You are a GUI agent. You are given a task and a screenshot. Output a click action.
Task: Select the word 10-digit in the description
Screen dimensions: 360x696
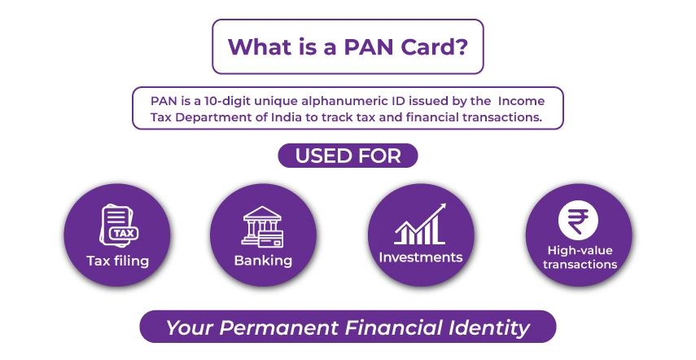pyautogui.click(x=225, y=100)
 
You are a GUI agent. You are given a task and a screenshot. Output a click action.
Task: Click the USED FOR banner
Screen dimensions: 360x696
pyautogui.click(x=348, y=156)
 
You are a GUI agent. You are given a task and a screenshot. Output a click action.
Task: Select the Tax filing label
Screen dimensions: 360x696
pyautogui.click(x=118, y=261)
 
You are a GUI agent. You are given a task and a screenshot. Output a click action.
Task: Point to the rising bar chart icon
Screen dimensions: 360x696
pyautogui.click(x=420, y=223)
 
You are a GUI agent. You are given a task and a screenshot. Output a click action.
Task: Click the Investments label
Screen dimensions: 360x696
pyautogui.click(x=420, y=257)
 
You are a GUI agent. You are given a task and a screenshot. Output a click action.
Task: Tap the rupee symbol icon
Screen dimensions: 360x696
pyautogui.click(x=578, y=220)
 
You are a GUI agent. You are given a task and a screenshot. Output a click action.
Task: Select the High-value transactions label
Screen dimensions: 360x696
pyautogui.click(x=580, y=257)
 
